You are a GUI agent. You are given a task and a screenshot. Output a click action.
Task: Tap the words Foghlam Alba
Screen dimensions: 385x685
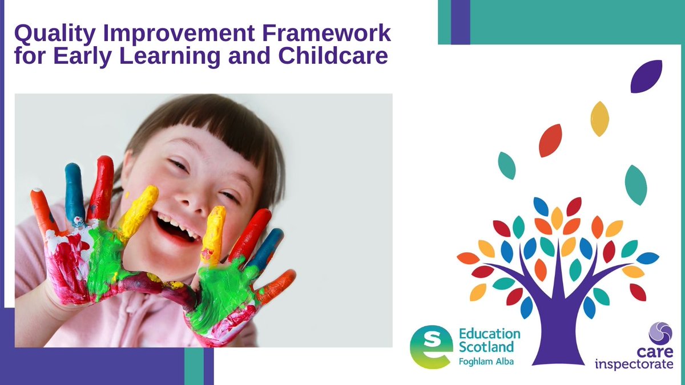point(486,362)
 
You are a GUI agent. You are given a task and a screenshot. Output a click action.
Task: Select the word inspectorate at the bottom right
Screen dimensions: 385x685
point(634,364)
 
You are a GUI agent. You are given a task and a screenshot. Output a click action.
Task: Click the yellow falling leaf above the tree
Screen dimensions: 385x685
point(599,119)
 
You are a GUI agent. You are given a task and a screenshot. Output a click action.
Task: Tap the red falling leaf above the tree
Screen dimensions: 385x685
point(550,140)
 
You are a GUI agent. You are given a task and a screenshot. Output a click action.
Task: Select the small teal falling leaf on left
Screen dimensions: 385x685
point(506,165)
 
